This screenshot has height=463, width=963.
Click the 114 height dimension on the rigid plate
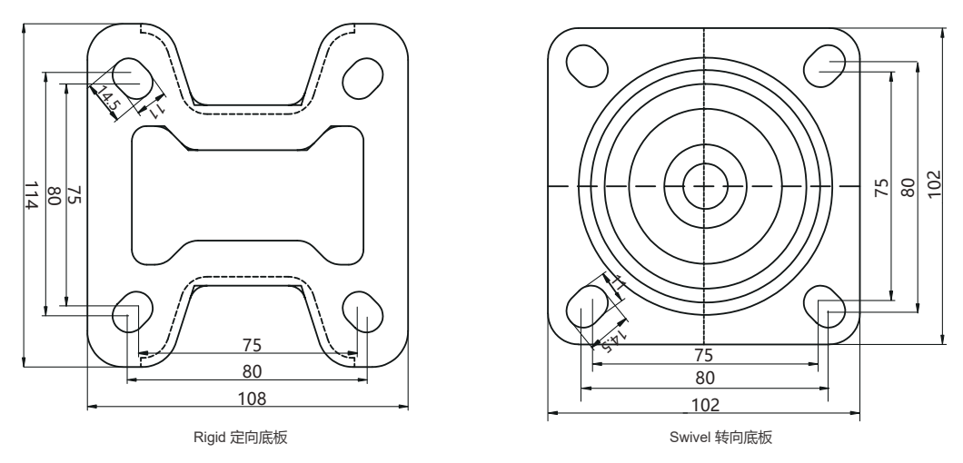[30, 196]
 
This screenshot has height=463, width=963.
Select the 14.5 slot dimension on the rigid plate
[107, 97]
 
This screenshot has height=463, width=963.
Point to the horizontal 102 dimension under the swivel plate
[705, 404]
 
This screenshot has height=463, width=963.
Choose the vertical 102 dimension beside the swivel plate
[947, 185]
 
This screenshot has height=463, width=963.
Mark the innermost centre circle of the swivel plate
[705, 186]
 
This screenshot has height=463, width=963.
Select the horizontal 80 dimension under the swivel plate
[705, 377]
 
